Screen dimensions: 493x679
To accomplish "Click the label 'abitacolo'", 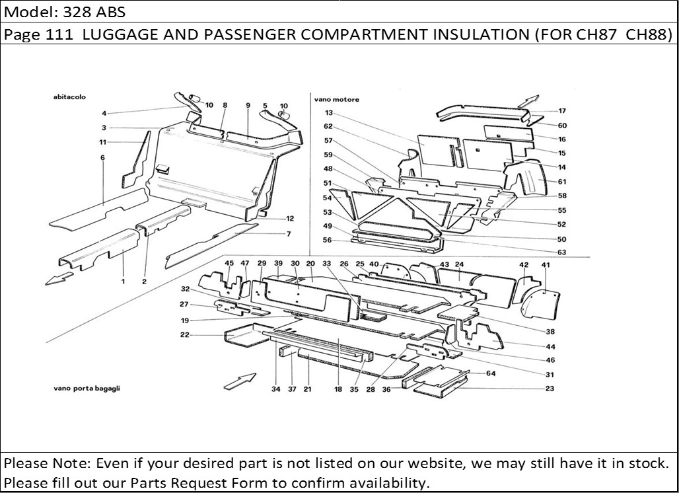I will coord(70,96).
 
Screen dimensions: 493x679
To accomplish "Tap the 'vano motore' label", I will coord(337,100).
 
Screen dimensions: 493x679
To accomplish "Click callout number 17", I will coord(562,111).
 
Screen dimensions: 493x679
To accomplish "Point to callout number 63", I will coord(561,252).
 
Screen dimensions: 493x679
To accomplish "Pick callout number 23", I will coord(550,389).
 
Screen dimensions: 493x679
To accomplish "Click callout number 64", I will coord(491,374).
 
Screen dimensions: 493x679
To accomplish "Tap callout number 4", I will coord(104,113).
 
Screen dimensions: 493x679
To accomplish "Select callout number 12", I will coord(290,218).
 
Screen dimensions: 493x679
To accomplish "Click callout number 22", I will coord(185,335).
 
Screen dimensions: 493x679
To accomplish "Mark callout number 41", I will coord(546,265).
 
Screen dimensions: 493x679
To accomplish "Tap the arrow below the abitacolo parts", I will coord(59,278).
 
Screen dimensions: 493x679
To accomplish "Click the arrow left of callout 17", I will coord(527,100).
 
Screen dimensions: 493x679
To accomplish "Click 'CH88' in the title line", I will coord(649,34).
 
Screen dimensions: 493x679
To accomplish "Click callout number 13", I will coord(328,113).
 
